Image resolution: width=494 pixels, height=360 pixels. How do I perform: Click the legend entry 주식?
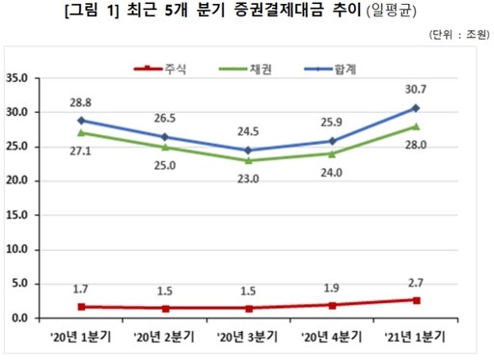click(x=175, y=70)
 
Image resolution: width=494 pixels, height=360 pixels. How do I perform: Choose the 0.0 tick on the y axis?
click(x=21, y=318)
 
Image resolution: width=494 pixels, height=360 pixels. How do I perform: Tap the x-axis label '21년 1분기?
click(x=414, y=337)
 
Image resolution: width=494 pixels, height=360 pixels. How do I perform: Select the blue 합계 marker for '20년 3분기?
click(x=247, y=151)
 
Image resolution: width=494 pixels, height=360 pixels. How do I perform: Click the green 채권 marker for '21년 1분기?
click(x=415, y=126)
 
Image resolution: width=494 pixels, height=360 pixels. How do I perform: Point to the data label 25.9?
click(x=332, y=124)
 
